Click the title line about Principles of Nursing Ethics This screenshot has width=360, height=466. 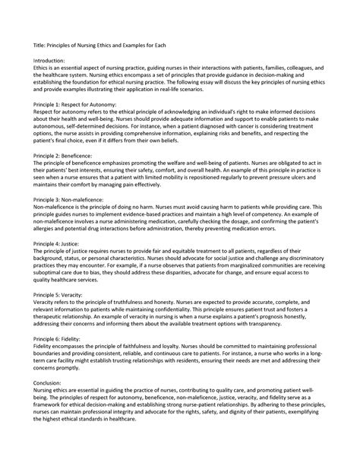tap(105, 45)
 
